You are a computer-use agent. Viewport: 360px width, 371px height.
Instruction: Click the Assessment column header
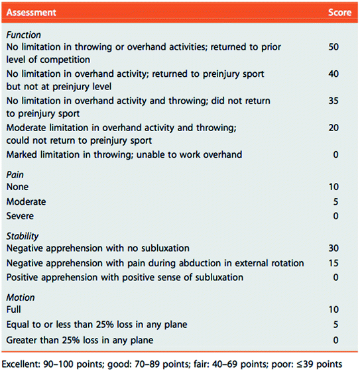click(x=32, y=13)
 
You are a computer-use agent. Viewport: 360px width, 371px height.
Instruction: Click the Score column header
click(x=339, y=13)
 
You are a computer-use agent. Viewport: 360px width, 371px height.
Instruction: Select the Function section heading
click(x=23, y=35)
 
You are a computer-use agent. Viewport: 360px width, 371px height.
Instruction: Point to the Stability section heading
click(x=23, y=235)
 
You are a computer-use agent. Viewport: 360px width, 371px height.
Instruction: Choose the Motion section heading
click(x=20, y=297)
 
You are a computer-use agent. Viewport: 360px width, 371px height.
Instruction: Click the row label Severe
click(x=20, y=215)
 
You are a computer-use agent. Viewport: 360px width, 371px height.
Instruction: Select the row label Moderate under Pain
click(x=26, y=201)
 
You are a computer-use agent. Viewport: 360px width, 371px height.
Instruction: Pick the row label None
click(x=17, y=187)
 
